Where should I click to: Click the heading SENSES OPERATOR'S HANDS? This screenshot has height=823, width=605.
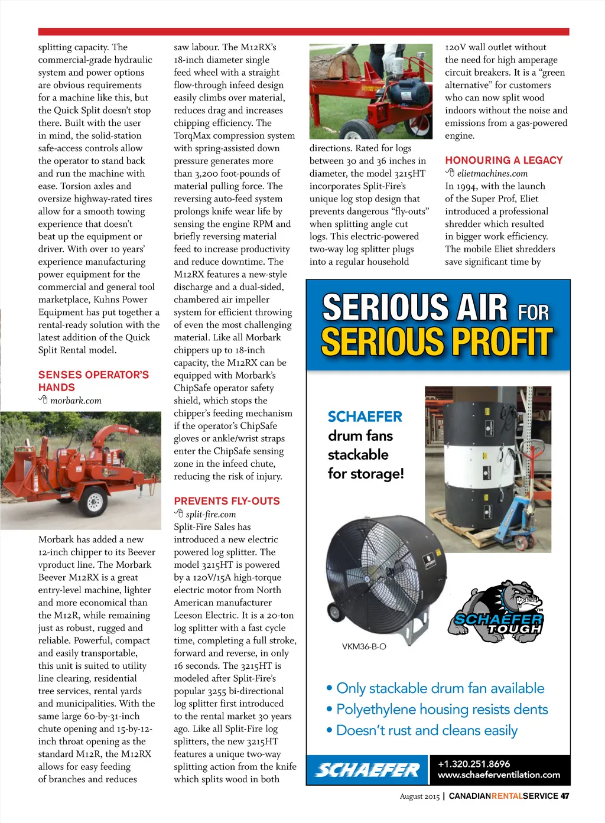coord(93,381)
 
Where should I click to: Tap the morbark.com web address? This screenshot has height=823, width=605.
coord(76,401)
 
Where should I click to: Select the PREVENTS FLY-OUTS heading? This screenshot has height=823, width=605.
coord(227,501)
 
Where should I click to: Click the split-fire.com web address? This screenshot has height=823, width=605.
coord(210,515)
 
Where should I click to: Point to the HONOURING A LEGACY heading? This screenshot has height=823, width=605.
coord(504,160)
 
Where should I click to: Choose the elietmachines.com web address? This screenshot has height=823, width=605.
coord(492,174)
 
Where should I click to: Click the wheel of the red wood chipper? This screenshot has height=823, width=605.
coord(94,501)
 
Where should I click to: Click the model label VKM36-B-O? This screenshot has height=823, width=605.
coord(364,647)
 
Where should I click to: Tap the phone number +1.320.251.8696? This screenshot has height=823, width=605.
coord(473,764)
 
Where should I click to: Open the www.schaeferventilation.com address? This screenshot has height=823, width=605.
coord(499,775)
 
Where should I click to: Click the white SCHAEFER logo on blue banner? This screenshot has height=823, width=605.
coord(367,770)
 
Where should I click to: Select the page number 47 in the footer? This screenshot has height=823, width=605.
coord(565,796)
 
